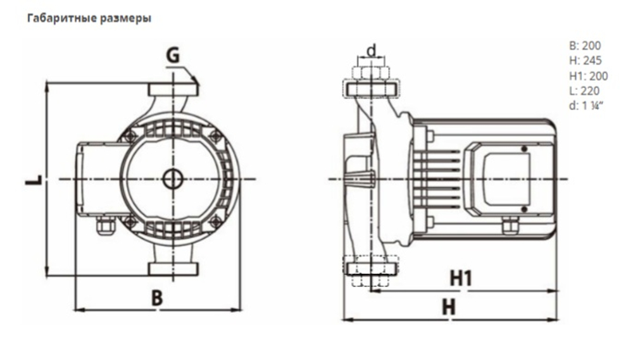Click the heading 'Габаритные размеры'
point(88,18)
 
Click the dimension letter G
point(173,57)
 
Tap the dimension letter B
point(157,298)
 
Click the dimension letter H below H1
point(449,307)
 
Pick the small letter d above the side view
point(372,49)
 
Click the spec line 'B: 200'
point(585,46)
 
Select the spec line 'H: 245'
point(585,61)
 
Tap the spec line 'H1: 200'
point(588,76)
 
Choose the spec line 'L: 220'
point(584,90)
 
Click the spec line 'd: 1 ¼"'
point(586,106)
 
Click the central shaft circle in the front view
point(172,179)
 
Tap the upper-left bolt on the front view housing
point(130,135)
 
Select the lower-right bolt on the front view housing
point(215,221)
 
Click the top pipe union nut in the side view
point(372,72)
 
